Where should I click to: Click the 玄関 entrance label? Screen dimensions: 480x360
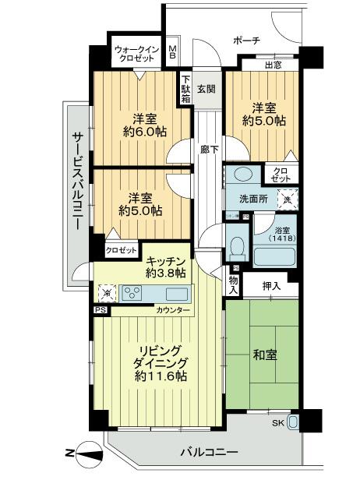[206, 87]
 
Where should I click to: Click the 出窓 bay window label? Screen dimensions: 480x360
[273, 65]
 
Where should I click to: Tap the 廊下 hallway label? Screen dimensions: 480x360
[207, 147]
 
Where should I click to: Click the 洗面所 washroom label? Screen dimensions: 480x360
[253, 199]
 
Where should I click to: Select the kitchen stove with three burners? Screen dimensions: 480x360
[132, 294]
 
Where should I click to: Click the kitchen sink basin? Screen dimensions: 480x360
[176, 294]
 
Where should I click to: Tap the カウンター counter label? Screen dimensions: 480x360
[171, 310]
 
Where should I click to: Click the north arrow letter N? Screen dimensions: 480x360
[69, 455]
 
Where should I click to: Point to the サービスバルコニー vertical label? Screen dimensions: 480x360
[77, 178]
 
